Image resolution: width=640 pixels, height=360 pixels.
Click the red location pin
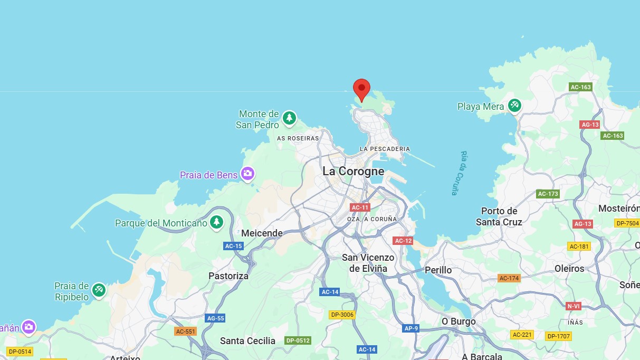pyautogui.click(x=361, y=89)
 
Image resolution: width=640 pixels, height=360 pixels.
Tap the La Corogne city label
pyautogui.click(x=353, y=172)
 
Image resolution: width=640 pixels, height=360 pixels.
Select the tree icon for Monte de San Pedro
pyautogui.click(x=289, y=118)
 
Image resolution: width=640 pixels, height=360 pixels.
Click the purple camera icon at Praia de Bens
pyautogui.click(x=247, y=173)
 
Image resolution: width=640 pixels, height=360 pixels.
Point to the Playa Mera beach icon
pyautogui.click(x=514, y=106)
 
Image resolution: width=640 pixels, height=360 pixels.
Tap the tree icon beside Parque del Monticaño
pyautogui.click(x=216, y=222)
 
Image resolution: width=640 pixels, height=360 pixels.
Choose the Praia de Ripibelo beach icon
pyautogui.click(x=99, y=290)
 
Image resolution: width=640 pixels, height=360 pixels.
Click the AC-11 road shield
pyautogui.click(x=360, y=207)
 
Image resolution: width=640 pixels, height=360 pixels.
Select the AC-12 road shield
pyautogui.click(x=403, y=241)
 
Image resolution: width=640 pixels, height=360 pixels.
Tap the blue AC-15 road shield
pyautogui.click(x=233, y=246)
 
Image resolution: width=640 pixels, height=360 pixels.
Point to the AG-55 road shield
pyautogui.click(x=215, y=318)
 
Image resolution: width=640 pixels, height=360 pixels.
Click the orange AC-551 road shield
pyautogui.click(x=185, y=331)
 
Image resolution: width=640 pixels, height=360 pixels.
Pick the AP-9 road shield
pyautogui.click(x=411, y=328)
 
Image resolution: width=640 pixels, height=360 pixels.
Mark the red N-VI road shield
pyautogui.click(x=574, y=306)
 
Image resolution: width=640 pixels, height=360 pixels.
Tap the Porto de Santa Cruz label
pyautogui.click(x=499, y=216)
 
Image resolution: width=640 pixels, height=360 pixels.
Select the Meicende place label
pyautogui.click(x=262, y=233)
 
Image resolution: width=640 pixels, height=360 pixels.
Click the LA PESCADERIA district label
pyautogui.click(x=385, y=149)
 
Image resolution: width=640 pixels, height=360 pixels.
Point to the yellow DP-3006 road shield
pyautogui.click(x=342, y=315)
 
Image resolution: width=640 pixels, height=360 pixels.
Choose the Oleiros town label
pyautogui.click(x=569, y=268)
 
